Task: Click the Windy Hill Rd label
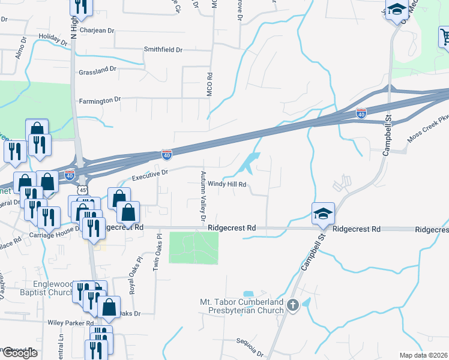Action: (x=227, y=184)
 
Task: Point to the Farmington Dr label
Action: (x=100, y=100)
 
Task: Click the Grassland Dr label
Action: (x=97, y=71)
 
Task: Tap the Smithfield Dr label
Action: (x=163, y=50)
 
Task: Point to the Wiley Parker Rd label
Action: (x=68, y=323)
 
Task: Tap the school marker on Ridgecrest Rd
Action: (x=322, y=213)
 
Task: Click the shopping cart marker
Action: (x=444, y=37)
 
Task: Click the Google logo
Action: (x=19, y=352)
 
